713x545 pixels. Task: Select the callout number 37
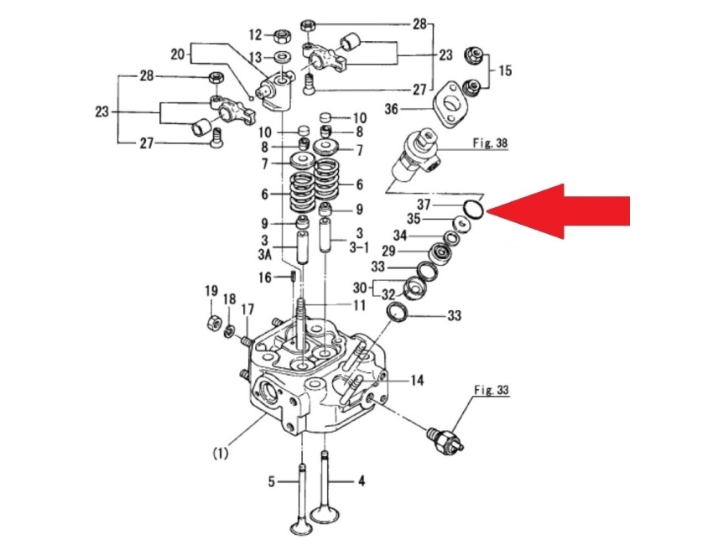point(425,205)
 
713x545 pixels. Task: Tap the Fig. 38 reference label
point(491,143)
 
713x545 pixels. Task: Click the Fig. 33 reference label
point(492,390)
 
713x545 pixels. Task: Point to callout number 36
point(414,108)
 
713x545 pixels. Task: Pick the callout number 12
point(256,35)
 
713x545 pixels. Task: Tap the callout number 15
point(505,70)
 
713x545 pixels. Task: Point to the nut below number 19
point(213,320)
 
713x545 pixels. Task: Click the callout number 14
point(416,381)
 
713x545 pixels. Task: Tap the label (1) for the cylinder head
point(220,454)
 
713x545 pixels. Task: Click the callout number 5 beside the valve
point(271,481)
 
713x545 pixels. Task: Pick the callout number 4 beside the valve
point(362,481)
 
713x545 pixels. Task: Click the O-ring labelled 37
point(472,209)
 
